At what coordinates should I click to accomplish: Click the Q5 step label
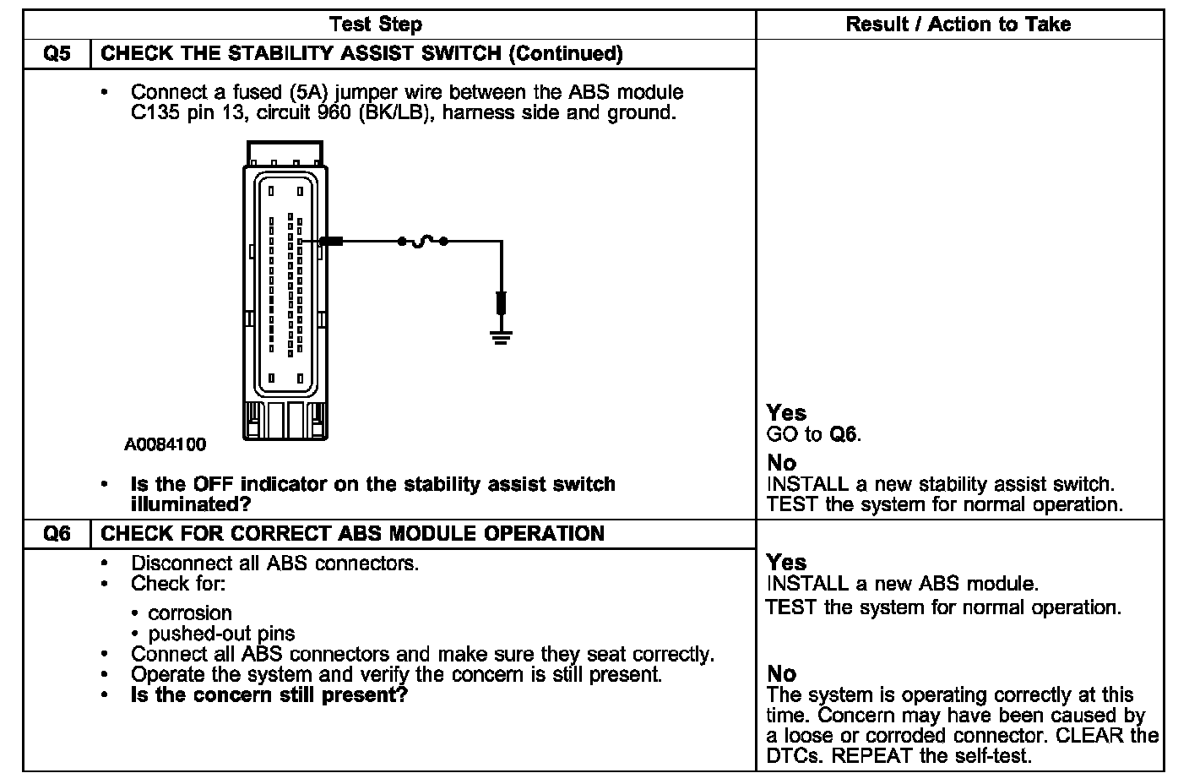click(57, 54)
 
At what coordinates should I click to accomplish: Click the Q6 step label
click(57, 534)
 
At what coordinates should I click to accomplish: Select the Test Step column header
click(375, 24)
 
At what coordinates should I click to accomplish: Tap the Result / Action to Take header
click(958, 24)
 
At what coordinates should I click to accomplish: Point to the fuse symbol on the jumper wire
click(422, 242)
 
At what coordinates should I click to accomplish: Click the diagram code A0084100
click(166, 444)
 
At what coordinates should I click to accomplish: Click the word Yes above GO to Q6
click(786, 413)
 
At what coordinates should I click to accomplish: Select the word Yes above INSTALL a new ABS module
click(786, 563)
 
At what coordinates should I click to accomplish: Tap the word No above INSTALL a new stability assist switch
click(781, 463)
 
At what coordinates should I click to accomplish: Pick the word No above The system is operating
click(781, 673)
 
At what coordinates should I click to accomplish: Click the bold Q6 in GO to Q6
click(844, 435)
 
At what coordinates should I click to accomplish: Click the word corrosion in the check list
click(190, 612)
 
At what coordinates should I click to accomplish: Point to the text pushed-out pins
click(221, 633)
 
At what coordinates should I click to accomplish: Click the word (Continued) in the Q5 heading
click(566, 54)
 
